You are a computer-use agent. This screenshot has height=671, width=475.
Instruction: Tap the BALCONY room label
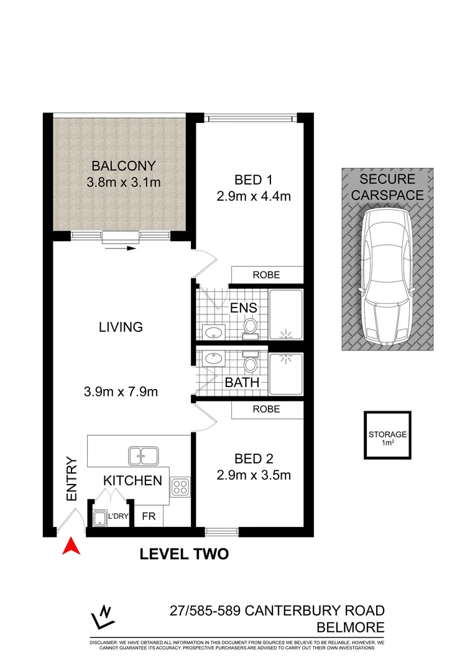click(x=123, y=166)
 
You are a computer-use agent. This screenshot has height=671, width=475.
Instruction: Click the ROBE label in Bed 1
click(x=267, y=275)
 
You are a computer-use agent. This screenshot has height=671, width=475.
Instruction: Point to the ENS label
click(x=244, y=308)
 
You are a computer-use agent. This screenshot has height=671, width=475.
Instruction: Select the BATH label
click(x=242, y=383)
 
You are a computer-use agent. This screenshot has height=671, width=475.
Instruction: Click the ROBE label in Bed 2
click(x=267, y=409)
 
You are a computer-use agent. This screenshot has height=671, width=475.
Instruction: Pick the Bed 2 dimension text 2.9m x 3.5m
click(x=254, y=475)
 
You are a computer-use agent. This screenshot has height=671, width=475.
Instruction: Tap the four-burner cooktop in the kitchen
click(x=180, y=488)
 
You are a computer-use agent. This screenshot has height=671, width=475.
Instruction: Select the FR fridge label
click(x=149, y=516)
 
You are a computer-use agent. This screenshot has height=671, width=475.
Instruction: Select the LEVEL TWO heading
click(x=184, y=554)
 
